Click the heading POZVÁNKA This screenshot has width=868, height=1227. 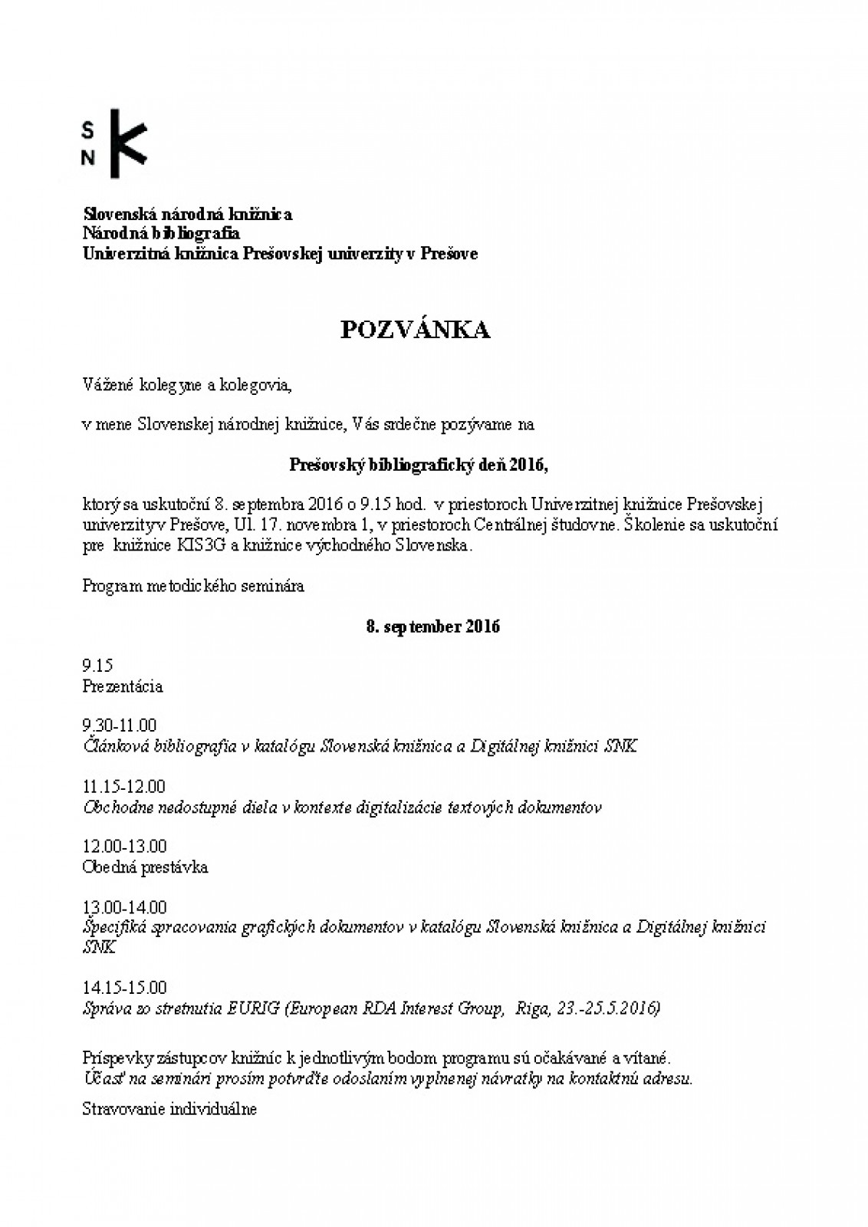(x=415, y=330)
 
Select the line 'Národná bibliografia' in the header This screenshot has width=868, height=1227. (x=161, y=233)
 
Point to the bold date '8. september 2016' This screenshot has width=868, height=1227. (x=433, y=627)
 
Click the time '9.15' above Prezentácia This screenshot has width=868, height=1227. (x=98, y=666)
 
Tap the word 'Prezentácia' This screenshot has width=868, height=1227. (x=123, y=686)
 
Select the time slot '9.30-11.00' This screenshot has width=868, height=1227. (x=119, y=725)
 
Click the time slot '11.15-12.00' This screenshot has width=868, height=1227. (x=123, y=787)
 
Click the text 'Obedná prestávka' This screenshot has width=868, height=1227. (x=145, y=867)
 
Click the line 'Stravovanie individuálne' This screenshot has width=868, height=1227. (x=169, y=1109)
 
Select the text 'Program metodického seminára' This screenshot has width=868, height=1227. (x=193, y=586)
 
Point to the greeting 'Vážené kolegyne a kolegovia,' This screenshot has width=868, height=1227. (x=187, y=385)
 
